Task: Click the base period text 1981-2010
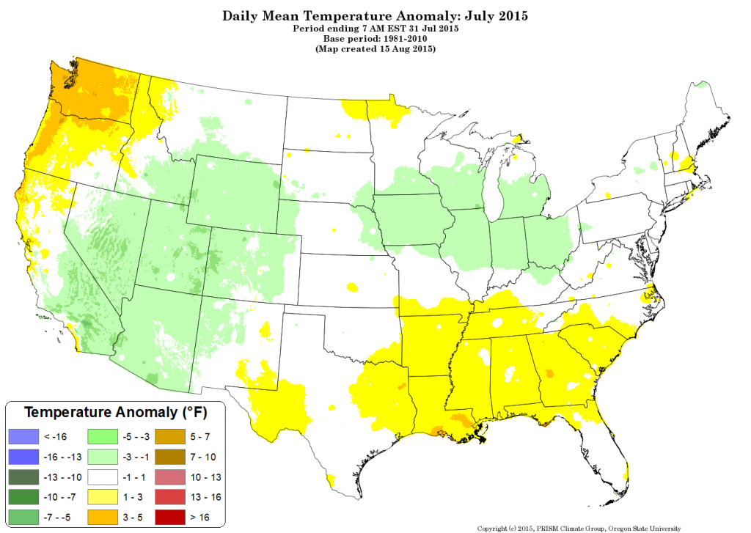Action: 395,38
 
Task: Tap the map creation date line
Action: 375,49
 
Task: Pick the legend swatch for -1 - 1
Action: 104,478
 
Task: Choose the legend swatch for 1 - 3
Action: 104,499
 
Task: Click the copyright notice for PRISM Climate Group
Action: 579,528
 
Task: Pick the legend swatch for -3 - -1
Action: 104,457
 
